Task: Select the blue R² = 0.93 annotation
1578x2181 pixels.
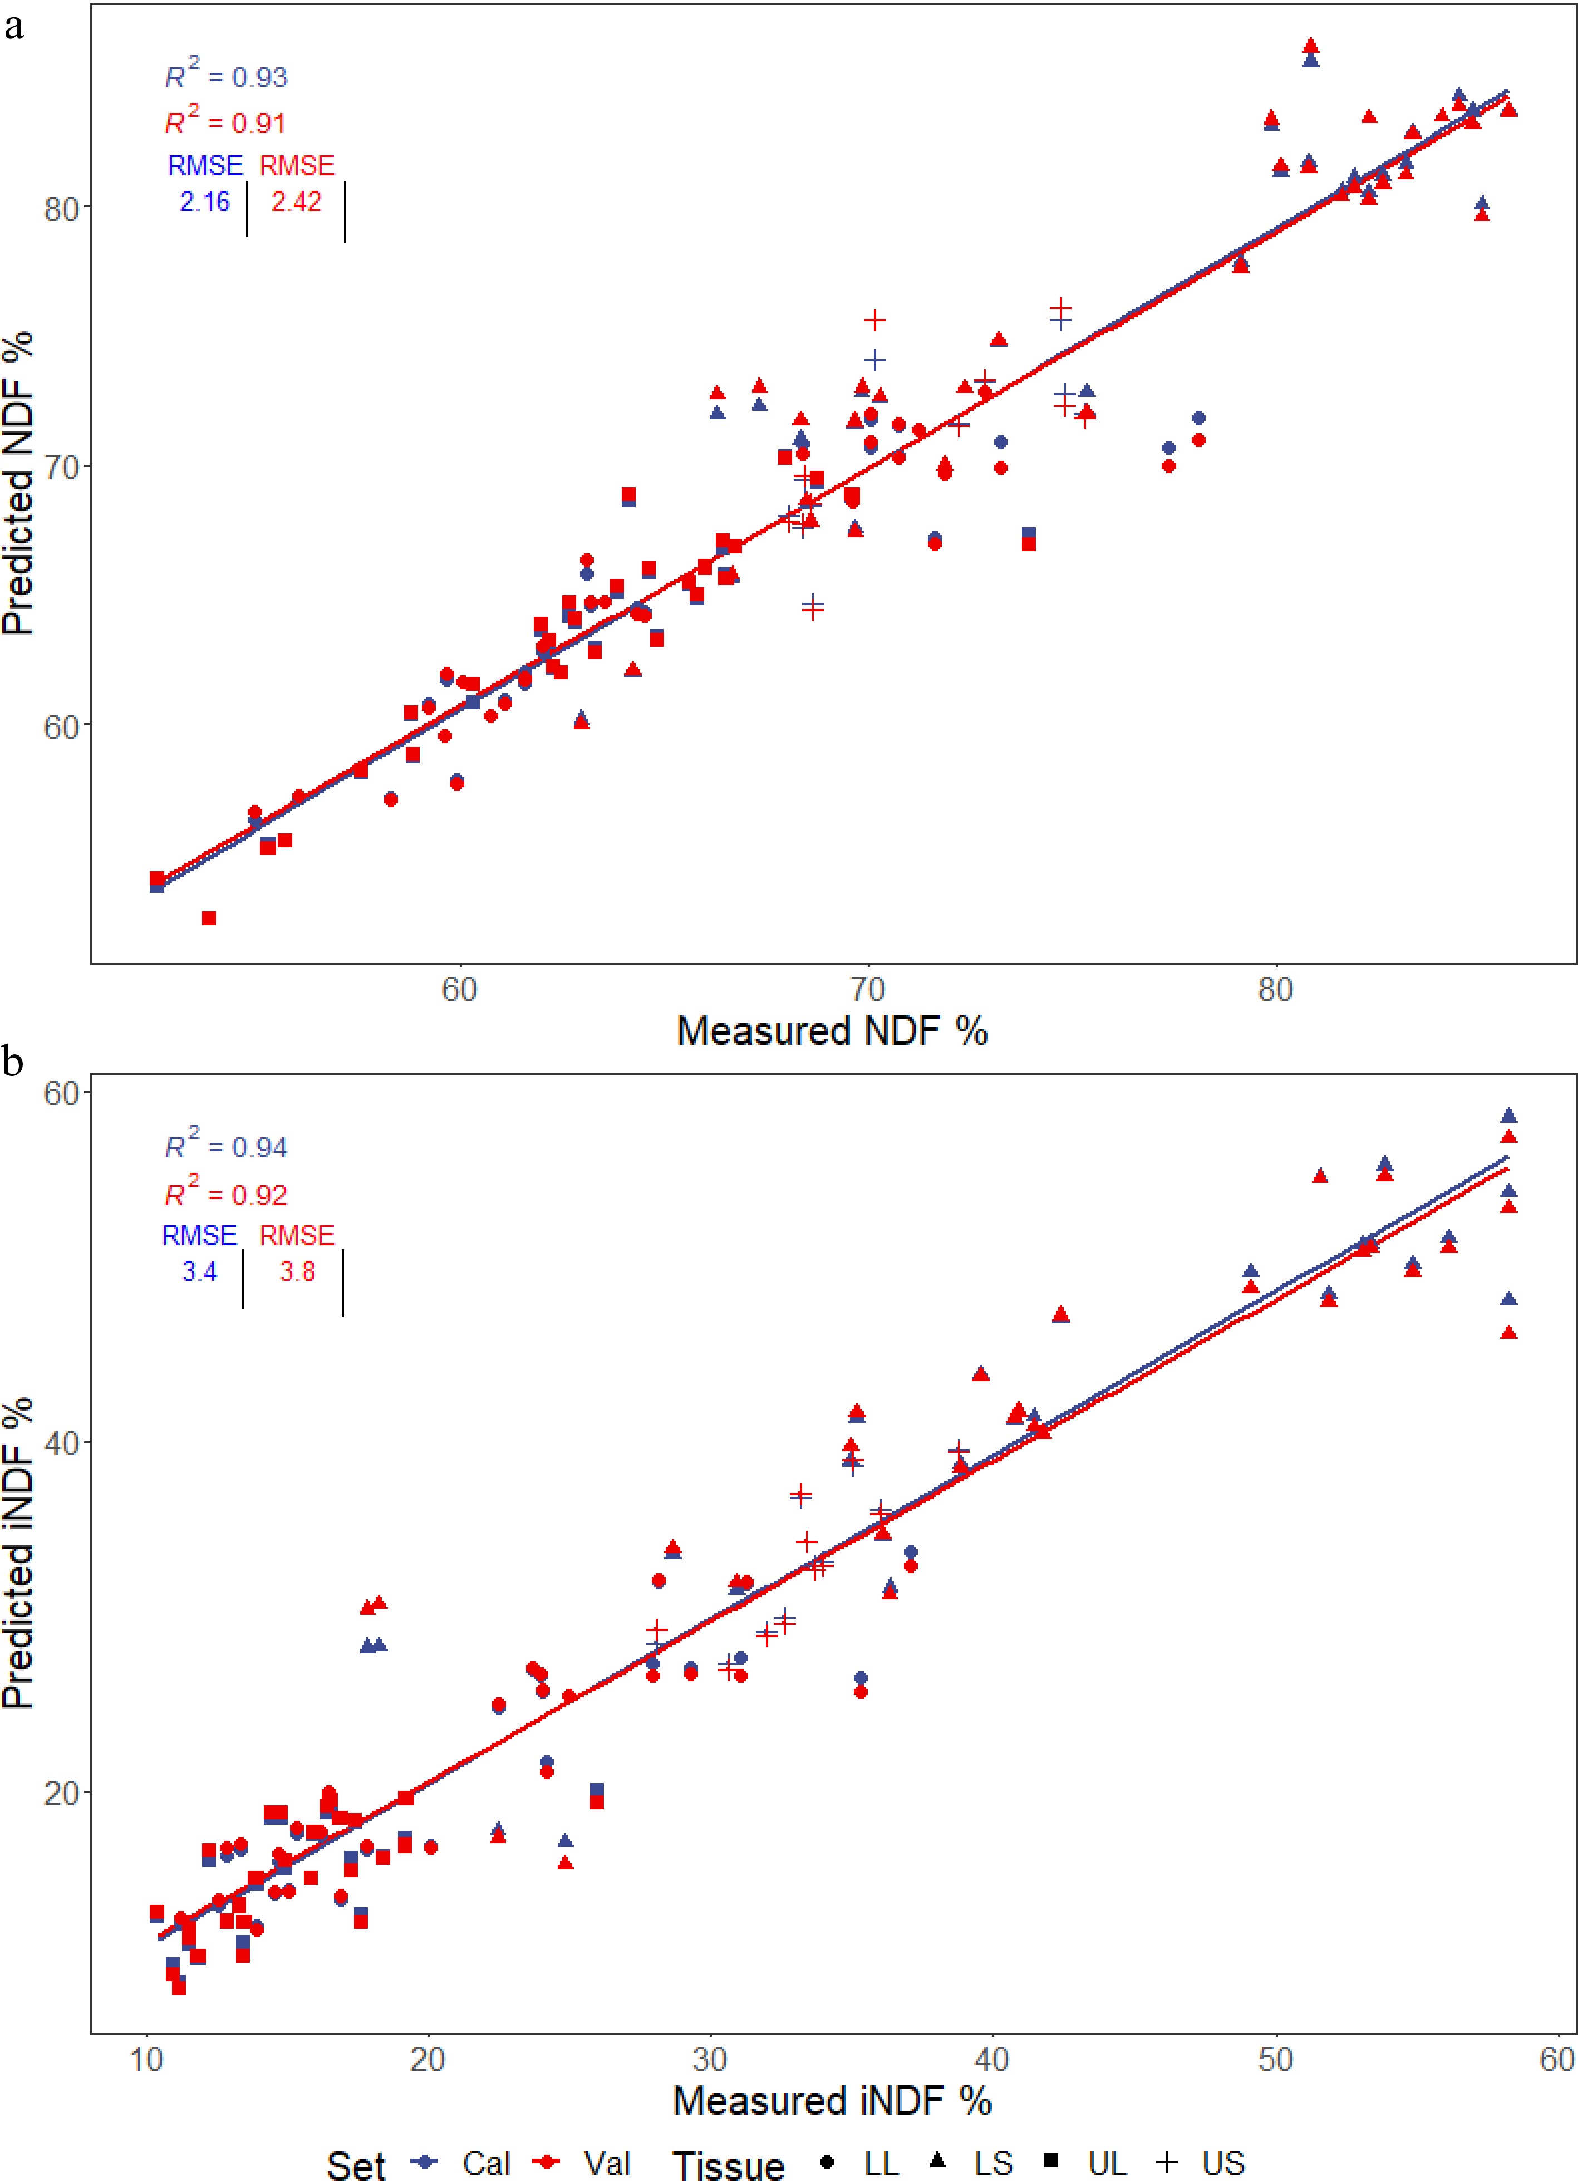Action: pos(226,75)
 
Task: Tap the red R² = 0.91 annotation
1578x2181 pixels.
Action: pos(225,122)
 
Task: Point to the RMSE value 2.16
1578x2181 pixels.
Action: pos(205,201)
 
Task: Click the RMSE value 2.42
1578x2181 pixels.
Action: pos(296,201)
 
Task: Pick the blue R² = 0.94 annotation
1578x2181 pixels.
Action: pos(226,1146)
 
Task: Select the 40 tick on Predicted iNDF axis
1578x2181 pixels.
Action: pos(61,1442)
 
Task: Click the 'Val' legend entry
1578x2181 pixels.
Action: pos(606,2163)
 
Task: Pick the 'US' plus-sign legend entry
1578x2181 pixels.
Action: pos(1221,2163)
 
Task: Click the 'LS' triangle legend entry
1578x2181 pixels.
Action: pos(991,2163)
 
